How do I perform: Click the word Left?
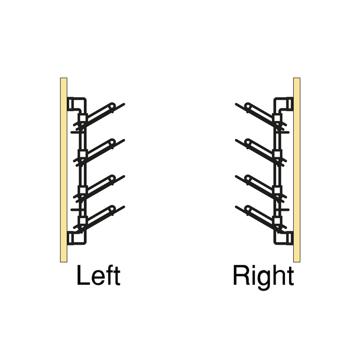click(x=99, y=275)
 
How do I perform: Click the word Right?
click(x=263, y=277)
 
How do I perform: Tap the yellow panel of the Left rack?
click(x=64, y=170)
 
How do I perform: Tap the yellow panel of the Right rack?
click(x=297, y=170)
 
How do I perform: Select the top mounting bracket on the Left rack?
click(x=77, y=105)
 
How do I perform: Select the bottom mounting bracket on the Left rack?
click(x=77, y=238)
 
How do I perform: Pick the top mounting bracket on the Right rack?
click(x=283, y=105)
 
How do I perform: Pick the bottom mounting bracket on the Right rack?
click(x=283, y=238)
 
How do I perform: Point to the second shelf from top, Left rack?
click(x=99, y=152)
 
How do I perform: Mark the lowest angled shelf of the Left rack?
click(x=99, y=219)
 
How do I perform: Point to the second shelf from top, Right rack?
click(x=261, y=152)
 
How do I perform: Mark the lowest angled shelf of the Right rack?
click(x=261, y=219)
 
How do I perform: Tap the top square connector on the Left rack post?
click(x=83, y=118)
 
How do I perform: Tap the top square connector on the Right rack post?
click(x=277, y=118)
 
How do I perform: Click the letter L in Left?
click(x=83, y=275)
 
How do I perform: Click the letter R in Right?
click(x=241, y=275)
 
